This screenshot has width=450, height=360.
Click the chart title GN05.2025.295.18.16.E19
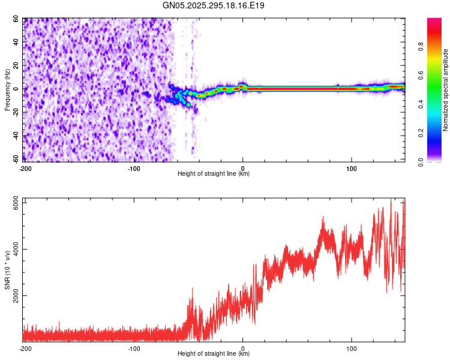(214, 5)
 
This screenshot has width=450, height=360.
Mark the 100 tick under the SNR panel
(352, 348)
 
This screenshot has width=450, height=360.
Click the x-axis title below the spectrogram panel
(214, 174)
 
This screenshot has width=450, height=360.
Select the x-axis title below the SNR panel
(214, 353)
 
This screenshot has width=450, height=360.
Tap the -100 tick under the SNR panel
(133, 348)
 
